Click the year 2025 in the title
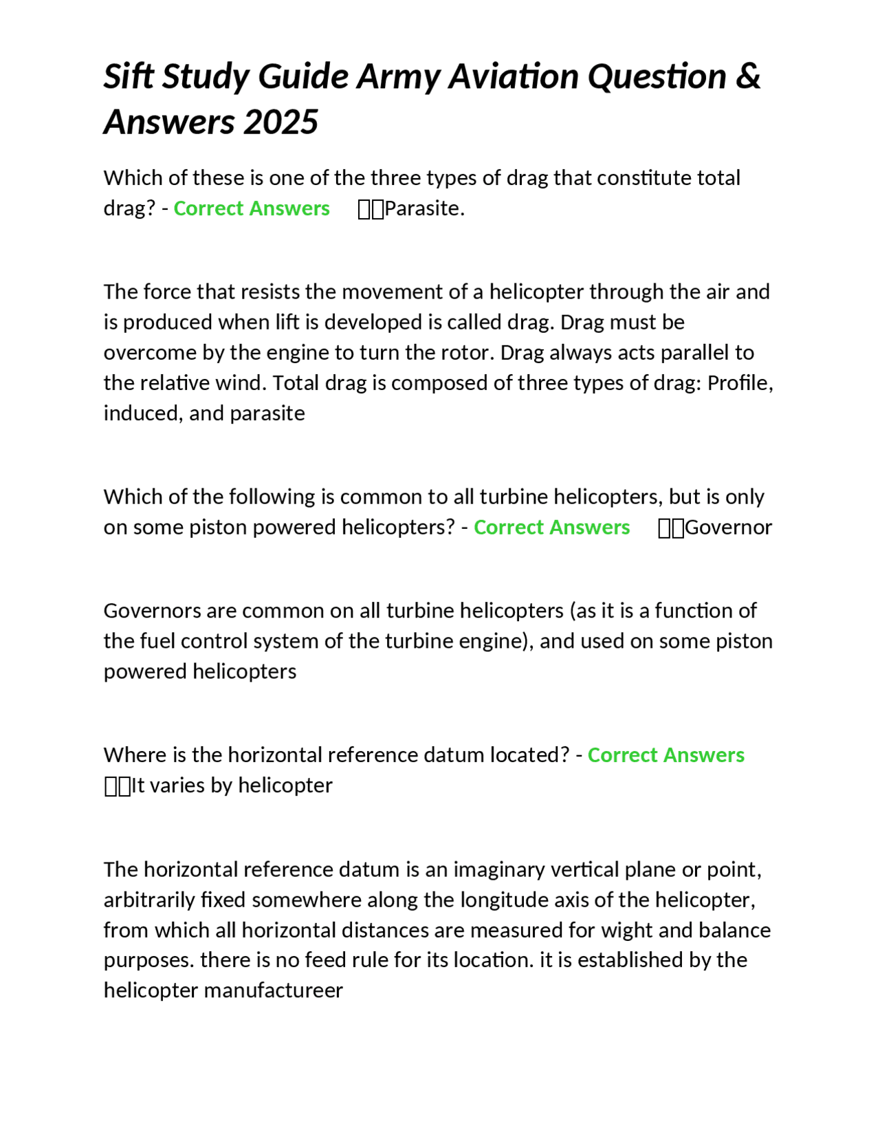tap(280, 122)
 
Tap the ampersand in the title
tap(748, 76)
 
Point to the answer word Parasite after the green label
tap(423, 208)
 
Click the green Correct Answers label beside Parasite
tap(252, 208)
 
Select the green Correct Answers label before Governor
tap(551, 528)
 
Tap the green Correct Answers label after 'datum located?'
tap(665, 755)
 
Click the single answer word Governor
tap(728, 528)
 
